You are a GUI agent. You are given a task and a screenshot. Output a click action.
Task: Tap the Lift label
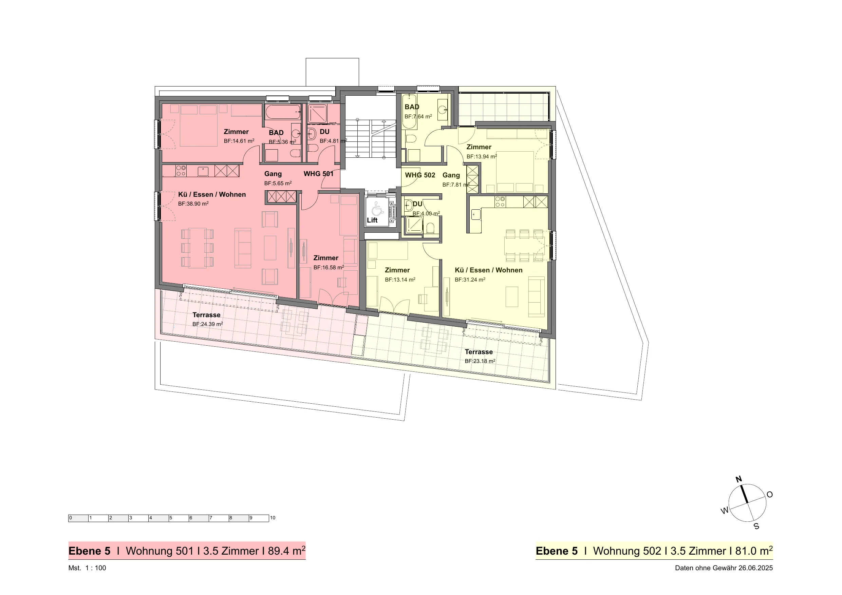coord(372,220)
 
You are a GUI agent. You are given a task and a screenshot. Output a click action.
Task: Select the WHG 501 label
coord(318,174)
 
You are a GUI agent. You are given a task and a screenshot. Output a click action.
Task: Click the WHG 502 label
coord(420,175)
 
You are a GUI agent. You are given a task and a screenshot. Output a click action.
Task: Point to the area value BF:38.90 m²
coord(193,204)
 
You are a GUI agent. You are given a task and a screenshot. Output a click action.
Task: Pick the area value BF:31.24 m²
coord(470,280)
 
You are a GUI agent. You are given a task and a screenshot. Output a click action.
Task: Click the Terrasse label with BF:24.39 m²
coord(206,315)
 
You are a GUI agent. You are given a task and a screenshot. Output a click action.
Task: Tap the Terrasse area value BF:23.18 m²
coord(480,361)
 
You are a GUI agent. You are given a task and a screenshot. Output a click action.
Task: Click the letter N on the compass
coord(738,479)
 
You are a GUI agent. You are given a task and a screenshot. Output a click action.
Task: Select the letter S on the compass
coord(756,526)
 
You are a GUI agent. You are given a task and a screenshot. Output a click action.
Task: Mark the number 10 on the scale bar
coord(273,518)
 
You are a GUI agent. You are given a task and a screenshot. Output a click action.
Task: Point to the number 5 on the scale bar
coord(170,518)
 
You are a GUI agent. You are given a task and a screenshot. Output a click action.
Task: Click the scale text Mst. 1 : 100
coord(87,568)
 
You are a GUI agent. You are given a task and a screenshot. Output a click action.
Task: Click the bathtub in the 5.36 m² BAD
coord(283,112)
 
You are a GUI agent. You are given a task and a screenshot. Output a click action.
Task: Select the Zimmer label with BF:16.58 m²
coord(326,258)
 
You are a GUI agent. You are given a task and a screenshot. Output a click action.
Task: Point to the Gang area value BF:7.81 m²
coord(456,185)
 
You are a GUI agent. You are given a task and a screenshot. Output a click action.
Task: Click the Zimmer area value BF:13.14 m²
coord(400,280)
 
